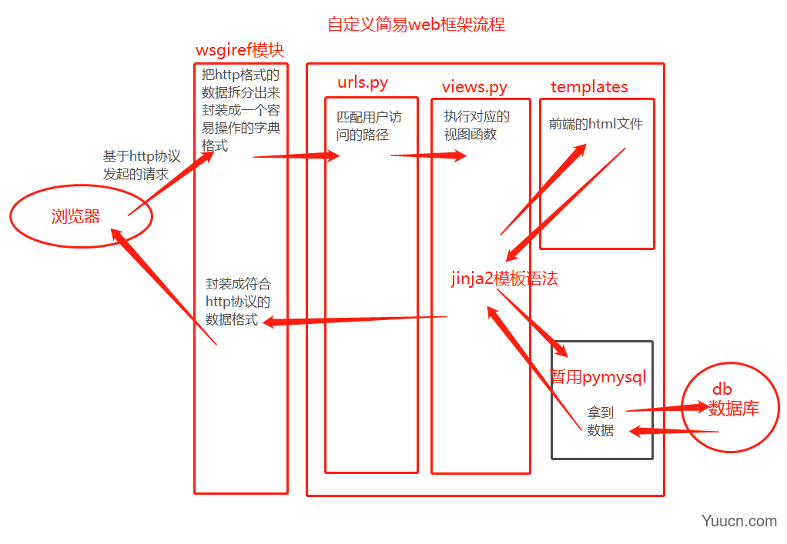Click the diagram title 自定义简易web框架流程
[x=416, y=25]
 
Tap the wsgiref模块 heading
[x=239, y=51]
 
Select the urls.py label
[x=362, y=83]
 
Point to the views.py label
[x=474, y=87]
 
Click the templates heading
[x=589, y=87]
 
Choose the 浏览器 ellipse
[x=76, y=217]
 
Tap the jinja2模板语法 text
[x=504, y=279]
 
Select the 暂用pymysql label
[x=598, y=377]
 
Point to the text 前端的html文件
[x=595, y=124]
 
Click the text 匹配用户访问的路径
[x=369, y=126]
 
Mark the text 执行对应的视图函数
[x=477, y=125]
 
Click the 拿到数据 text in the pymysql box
[x=601, y=422]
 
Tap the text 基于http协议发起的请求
[x=142, y=165]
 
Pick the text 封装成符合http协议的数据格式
[x=238, y=302]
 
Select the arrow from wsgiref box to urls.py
[x=296, y=156]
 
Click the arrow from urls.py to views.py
[x=428, y=156]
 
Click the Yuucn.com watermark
[x=738, y=521]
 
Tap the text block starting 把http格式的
[x=240, y=109]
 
